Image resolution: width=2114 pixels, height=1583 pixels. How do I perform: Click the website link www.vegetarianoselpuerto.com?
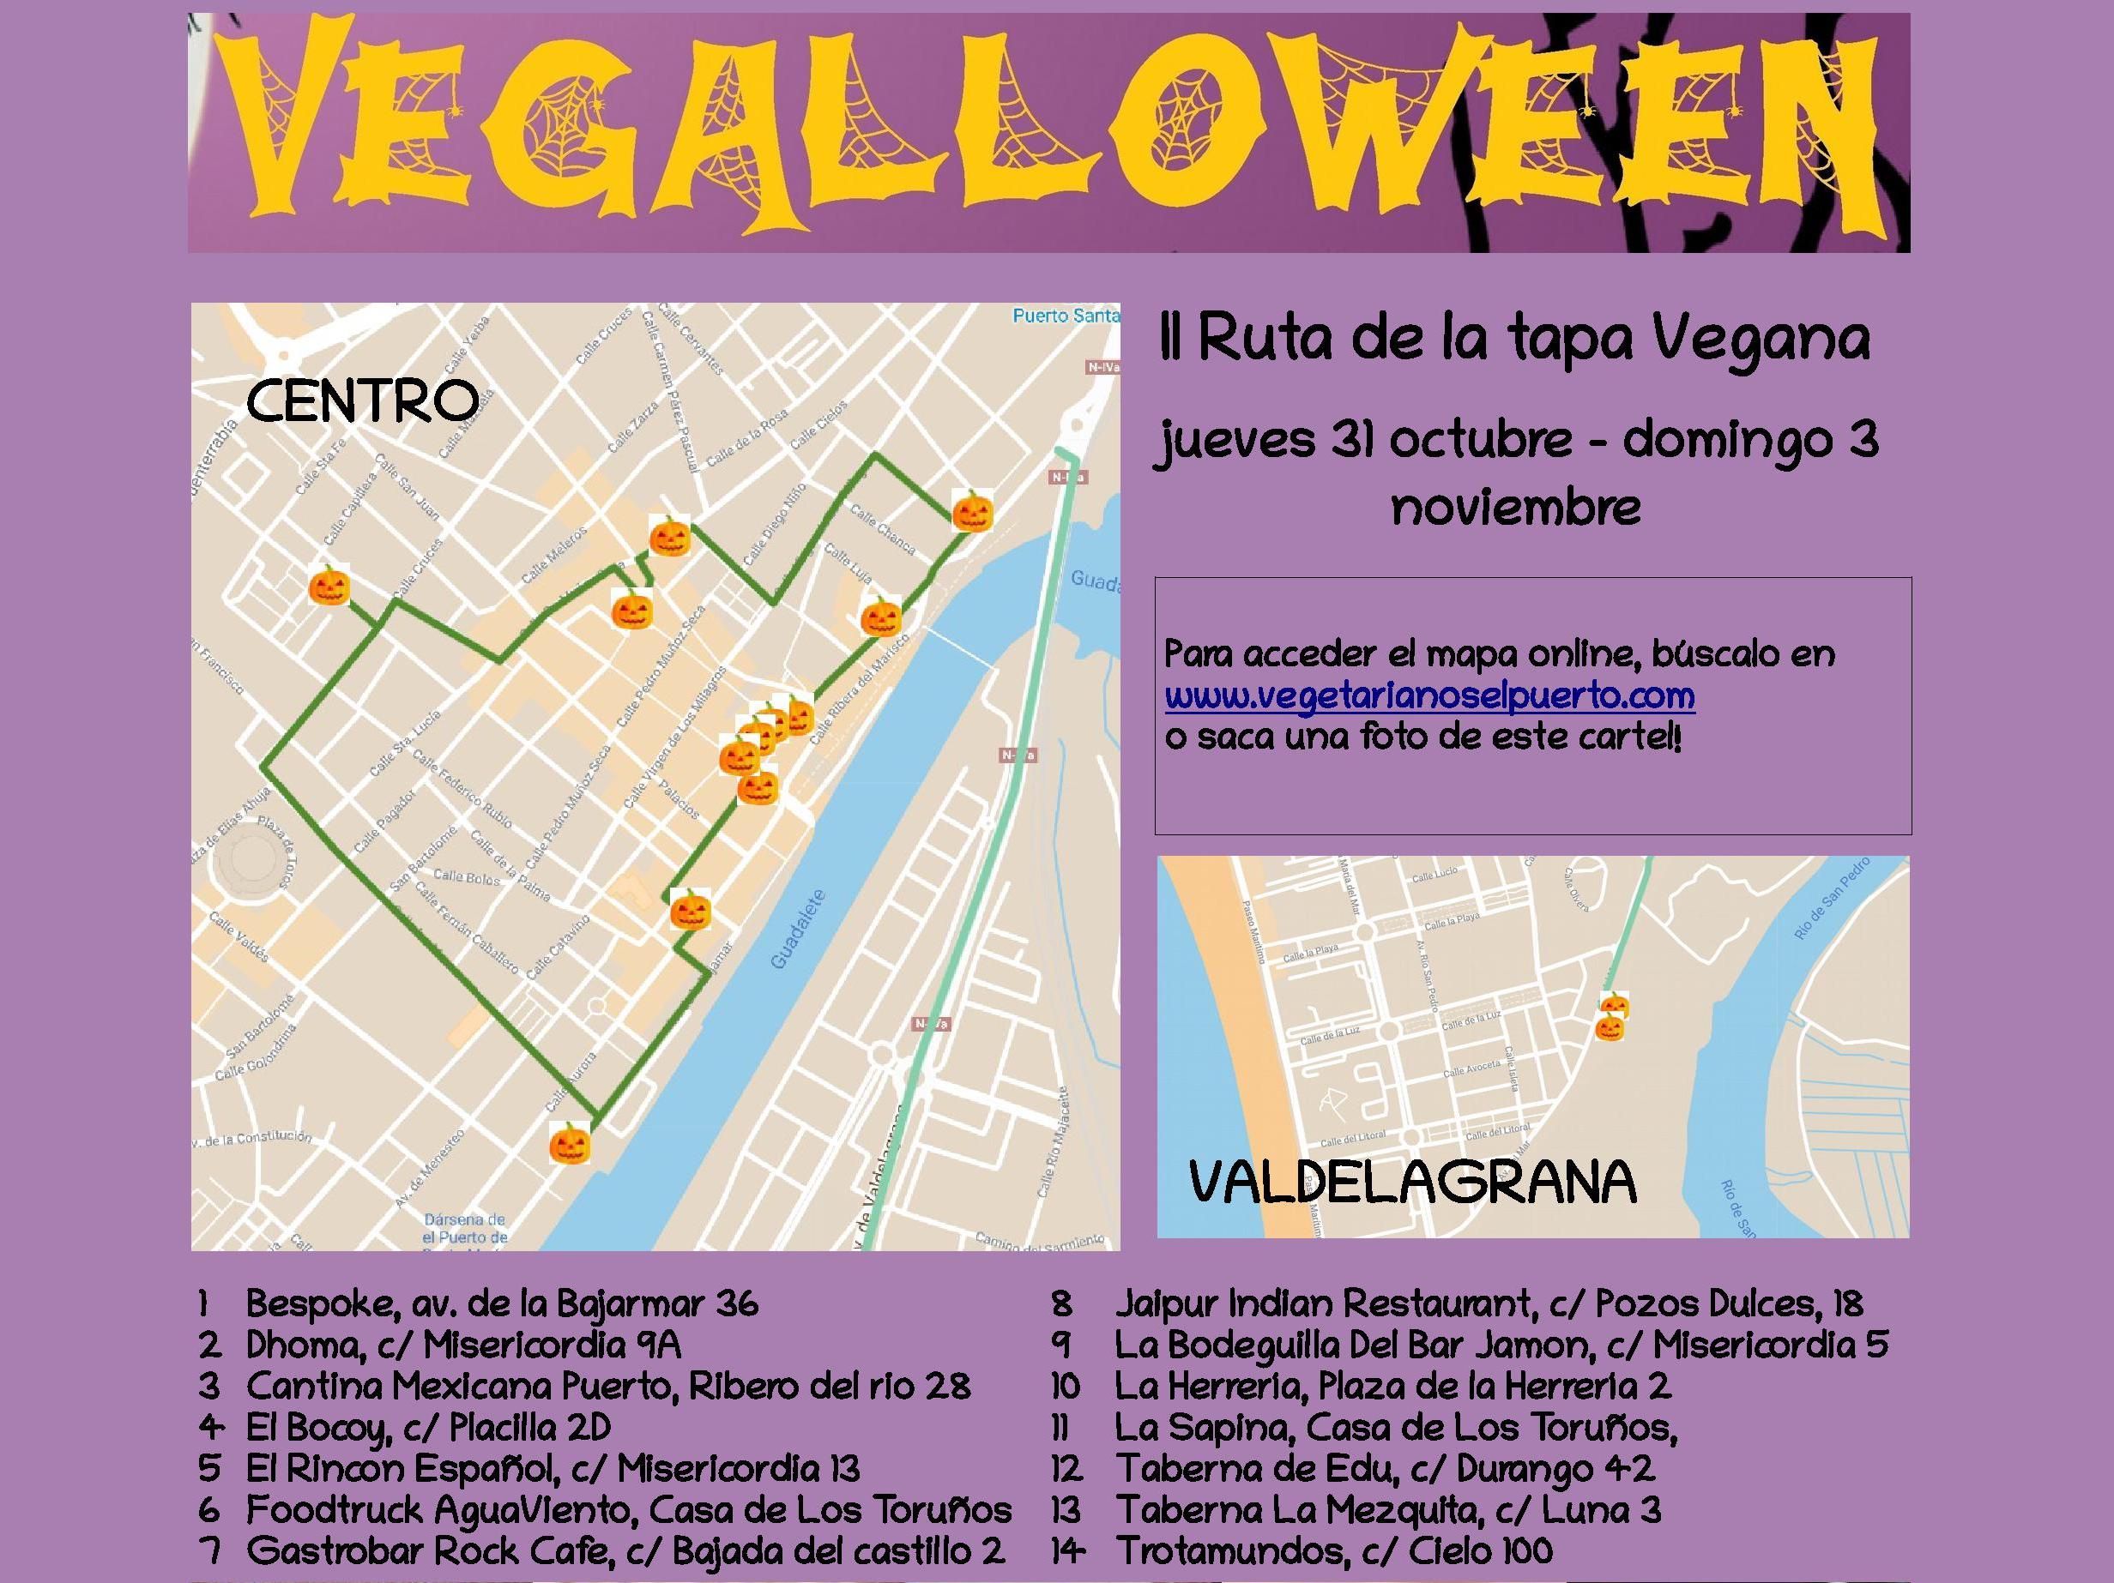[x=1429, y=695]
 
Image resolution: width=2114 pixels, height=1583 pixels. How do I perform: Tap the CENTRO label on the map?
[x=362, y=401]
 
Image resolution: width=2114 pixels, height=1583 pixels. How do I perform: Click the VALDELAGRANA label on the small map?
[x=1412, y=1183]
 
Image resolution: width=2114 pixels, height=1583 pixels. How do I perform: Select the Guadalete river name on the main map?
[x=796, y=930]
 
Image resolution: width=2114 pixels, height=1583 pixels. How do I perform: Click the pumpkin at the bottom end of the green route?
[x=570, y=1142]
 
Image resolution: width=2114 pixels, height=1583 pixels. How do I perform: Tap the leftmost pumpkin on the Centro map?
[x=329, y=585]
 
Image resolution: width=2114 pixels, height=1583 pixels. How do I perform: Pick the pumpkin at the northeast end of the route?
[x=972, y=510]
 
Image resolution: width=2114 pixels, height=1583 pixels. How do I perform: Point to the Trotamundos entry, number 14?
[x=1334, y=1550]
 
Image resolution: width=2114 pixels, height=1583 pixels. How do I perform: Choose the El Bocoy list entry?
[x=427, y=1427]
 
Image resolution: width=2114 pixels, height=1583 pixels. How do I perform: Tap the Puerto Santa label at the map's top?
[x=1066, y=316]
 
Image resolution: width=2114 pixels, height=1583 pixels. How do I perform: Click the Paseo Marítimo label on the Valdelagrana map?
[x=1252, y=930]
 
